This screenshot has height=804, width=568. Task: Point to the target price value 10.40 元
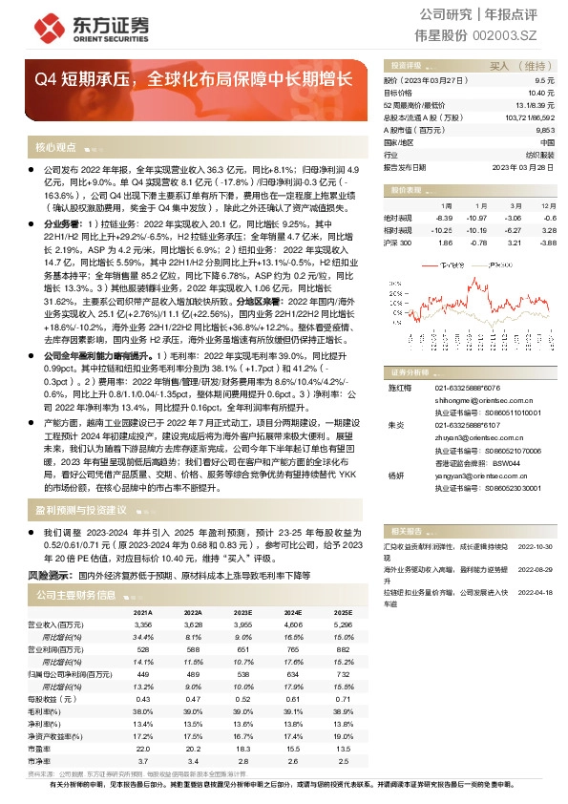click(543, 94)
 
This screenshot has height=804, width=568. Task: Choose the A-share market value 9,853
click(545, 129)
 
